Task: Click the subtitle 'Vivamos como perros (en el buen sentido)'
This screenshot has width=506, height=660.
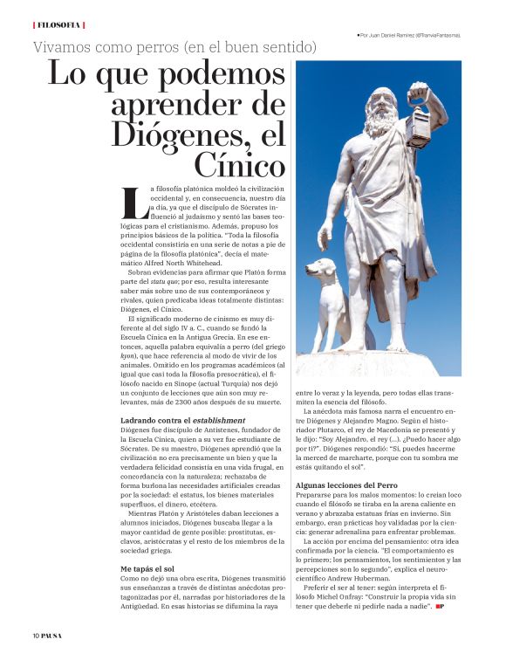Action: pos(174,45)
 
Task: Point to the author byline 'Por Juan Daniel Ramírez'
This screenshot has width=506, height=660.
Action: pos(409,36)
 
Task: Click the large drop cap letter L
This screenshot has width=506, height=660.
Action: pos(133,203)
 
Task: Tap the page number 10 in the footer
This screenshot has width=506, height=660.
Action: pos(37,635)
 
